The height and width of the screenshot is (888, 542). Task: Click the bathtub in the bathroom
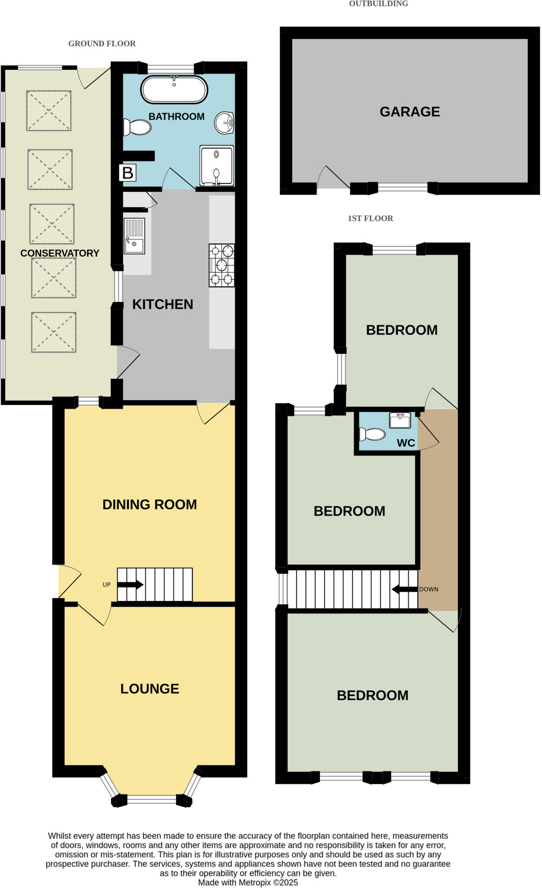pos(174,90)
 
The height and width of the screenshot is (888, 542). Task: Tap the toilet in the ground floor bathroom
pos(138,127)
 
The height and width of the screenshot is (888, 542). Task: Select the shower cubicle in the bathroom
pos(217,166)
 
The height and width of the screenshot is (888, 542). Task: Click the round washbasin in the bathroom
pos(224,123)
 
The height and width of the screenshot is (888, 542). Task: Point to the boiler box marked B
pos(128,173)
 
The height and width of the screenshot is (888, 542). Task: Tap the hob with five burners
pos(222,265)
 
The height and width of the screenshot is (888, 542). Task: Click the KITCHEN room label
pos(163,304)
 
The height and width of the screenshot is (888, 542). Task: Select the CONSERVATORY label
pos(60,253)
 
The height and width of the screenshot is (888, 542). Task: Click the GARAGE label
pos(410,112)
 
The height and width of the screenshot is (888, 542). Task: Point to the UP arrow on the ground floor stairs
pos(130,584)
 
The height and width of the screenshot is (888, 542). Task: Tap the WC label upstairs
pos(406,443)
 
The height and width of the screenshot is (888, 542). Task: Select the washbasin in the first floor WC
pos(400,420)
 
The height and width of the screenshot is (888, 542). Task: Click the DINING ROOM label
pos(150,505)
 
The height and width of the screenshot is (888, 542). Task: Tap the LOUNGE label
pos(150,689)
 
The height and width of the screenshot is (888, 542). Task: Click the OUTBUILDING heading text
pos(378,4)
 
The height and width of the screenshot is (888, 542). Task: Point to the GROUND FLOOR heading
pos(102,44)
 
